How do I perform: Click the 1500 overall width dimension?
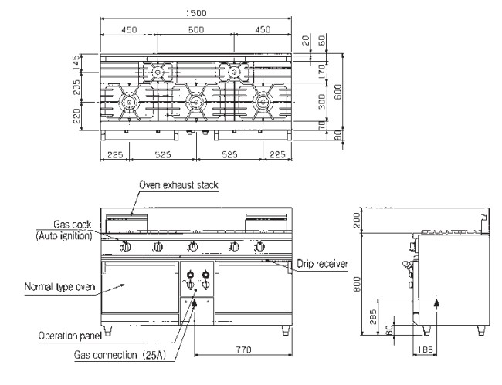click(x=196, y=13)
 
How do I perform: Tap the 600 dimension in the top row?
click(x=196, y=30)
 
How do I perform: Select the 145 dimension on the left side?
click(x=76, y=63)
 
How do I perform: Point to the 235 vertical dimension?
click(x=76, y=87)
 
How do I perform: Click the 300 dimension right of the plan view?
click(x=322, y=101)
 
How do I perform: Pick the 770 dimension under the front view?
click(x=243, y=350)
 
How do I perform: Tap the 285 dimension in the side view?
click(x=373, y=316)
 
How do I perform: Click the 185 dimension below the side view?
click(x=425, y=350)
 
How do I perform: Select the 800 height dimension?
click(x=357, y=284)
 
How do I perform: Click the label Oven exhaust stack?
click(x=178, y=185)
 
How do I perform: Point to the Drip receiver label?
click(x=322, y=264)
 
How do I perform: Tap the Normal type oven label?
click(x=60, y=286)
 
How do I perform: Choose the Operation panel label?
click(x=70, y=336)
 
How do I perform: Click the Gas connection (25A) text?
click(x=120, y=355)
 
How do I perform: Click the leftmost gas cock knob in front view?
click(x=126, y=247)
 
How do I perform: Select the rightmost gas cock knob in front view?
click(x=260, y=247)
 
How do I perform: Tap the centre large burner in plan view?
click(x=195, y=102)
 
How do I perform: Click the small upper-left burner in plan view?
click(x=158, y=72)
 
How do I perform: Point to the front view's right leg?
click(x=285, y=331)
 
